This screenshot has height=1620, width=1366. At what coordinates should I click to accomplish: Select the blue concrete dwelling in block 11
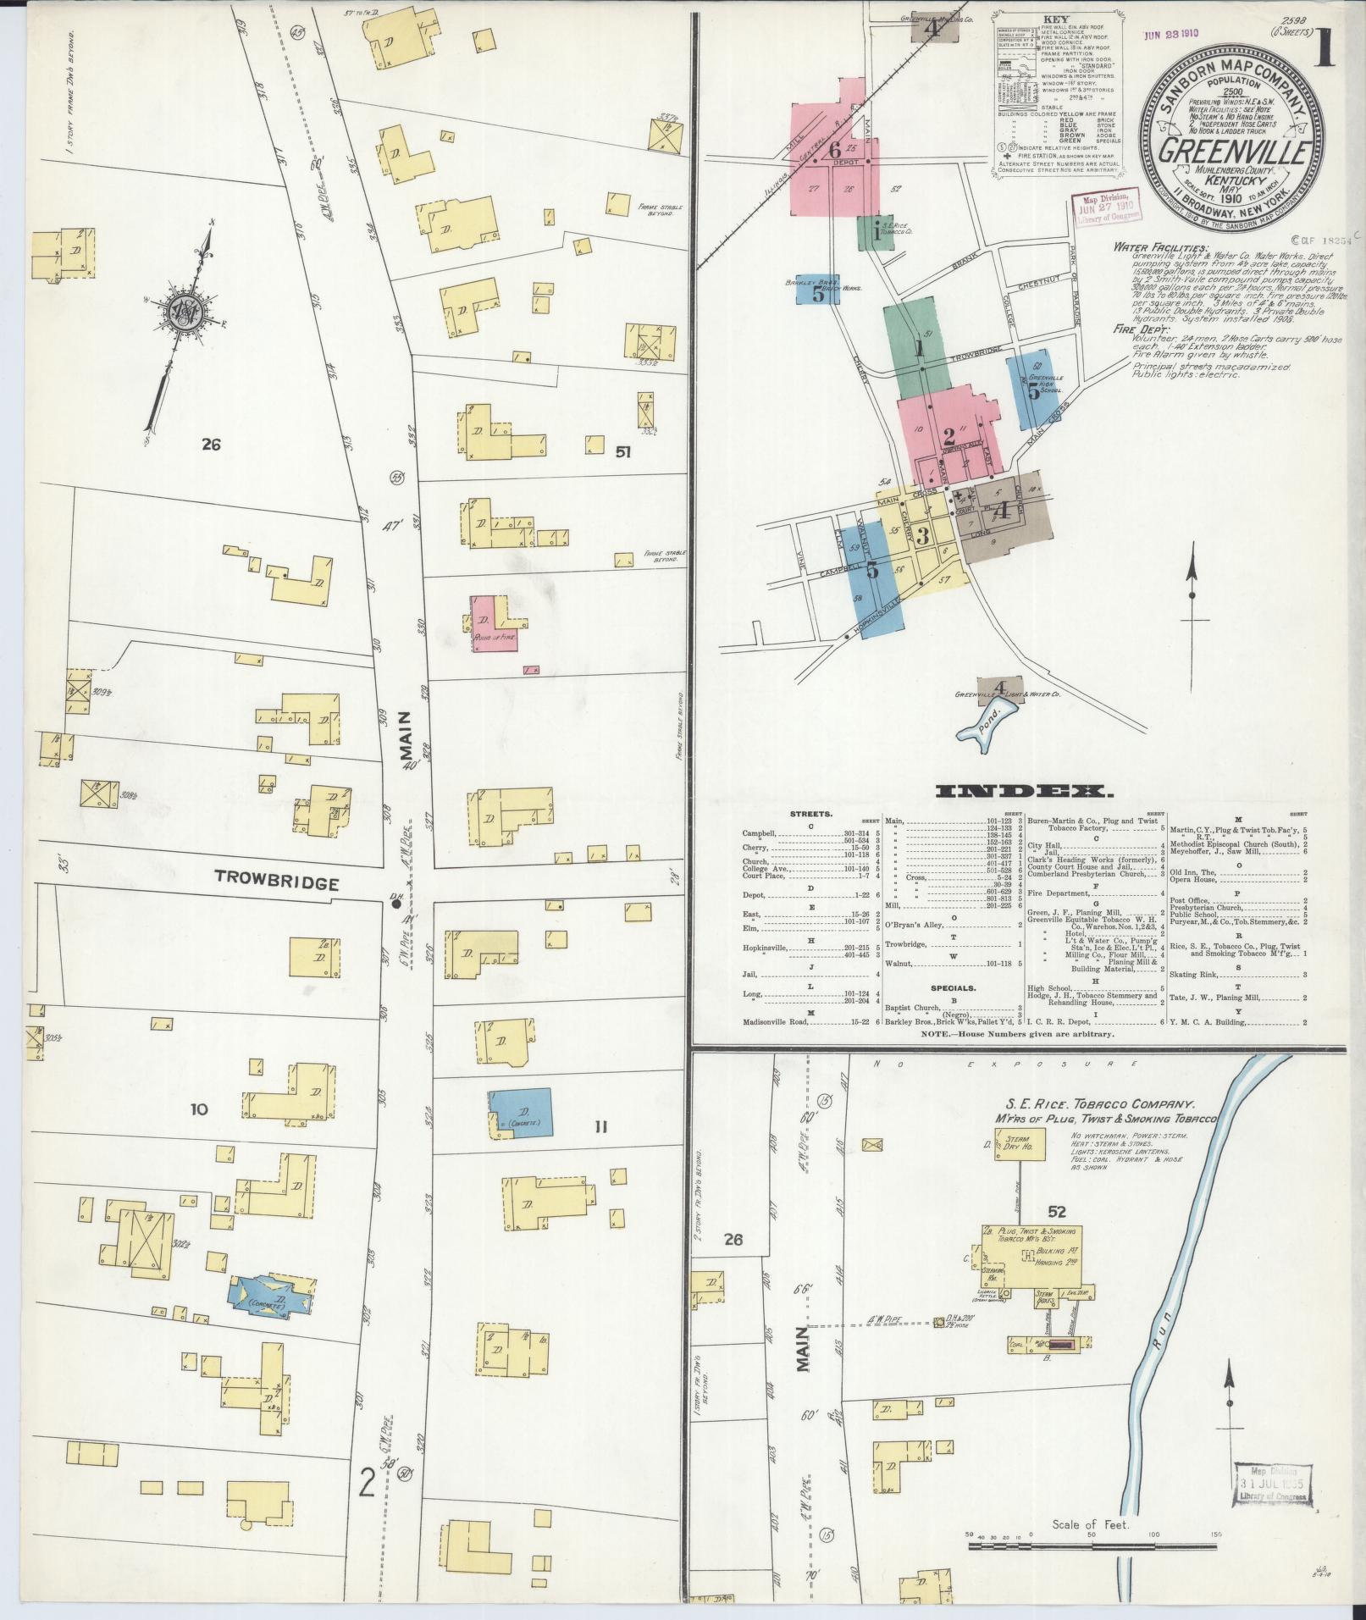[521, 1112]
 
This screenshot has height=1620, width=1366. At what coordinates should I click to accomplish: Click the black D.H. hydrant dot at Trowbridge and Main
[396, 904]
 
